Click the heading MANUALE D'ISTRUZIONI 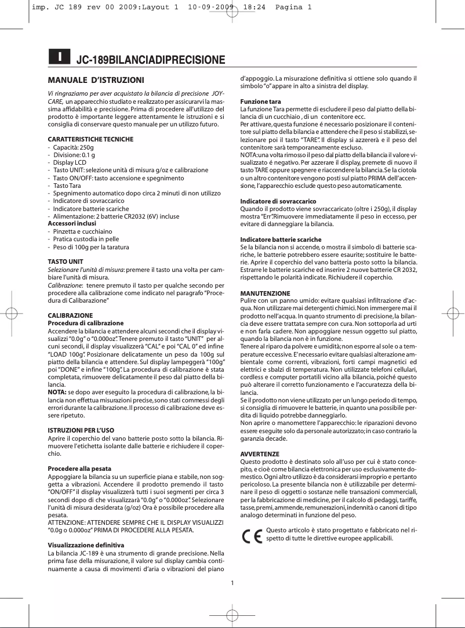tap(96, 79)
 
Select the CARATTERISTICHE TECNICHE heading tap(90, 139)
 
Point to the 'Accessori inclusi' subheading tap(71, 223)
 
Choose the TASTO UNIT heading tap(65, 262)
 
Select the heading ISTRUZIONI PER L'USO tap(81, 430)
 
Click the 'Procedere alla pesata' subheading tap(79, 468)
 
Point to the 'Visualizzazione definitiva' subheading tap(86, 546)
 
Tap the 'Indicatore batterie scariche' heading tap(281, 239)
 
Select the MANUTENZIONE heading tap(266, 293)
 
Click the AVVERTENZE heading tap(260, 454)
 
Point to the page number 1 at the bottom tap(232, 583)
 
